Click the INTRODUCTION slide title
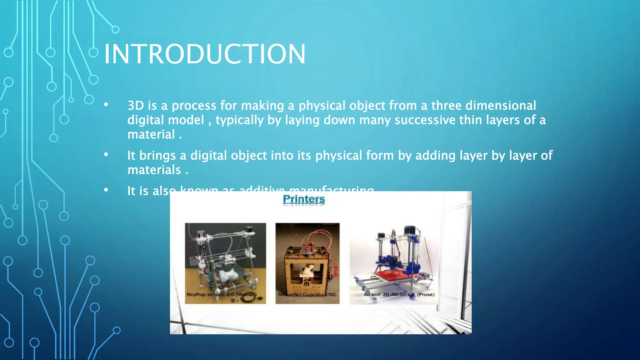click(204, 54)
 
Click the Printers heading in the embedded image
click(303, 199)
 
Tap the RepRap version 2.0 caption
click(221, 294)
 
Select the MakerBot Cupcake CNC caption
click(307, 294)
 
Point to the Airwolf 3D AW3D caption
click(399, 294)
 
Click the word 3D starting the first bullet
click(136, 106)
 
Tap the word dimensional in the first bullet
click(501, 106)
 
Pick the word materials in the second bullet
click(154, 170)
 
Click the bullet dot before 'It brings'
click(106, 154)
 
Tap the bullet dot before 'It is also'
click(106, 190)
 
